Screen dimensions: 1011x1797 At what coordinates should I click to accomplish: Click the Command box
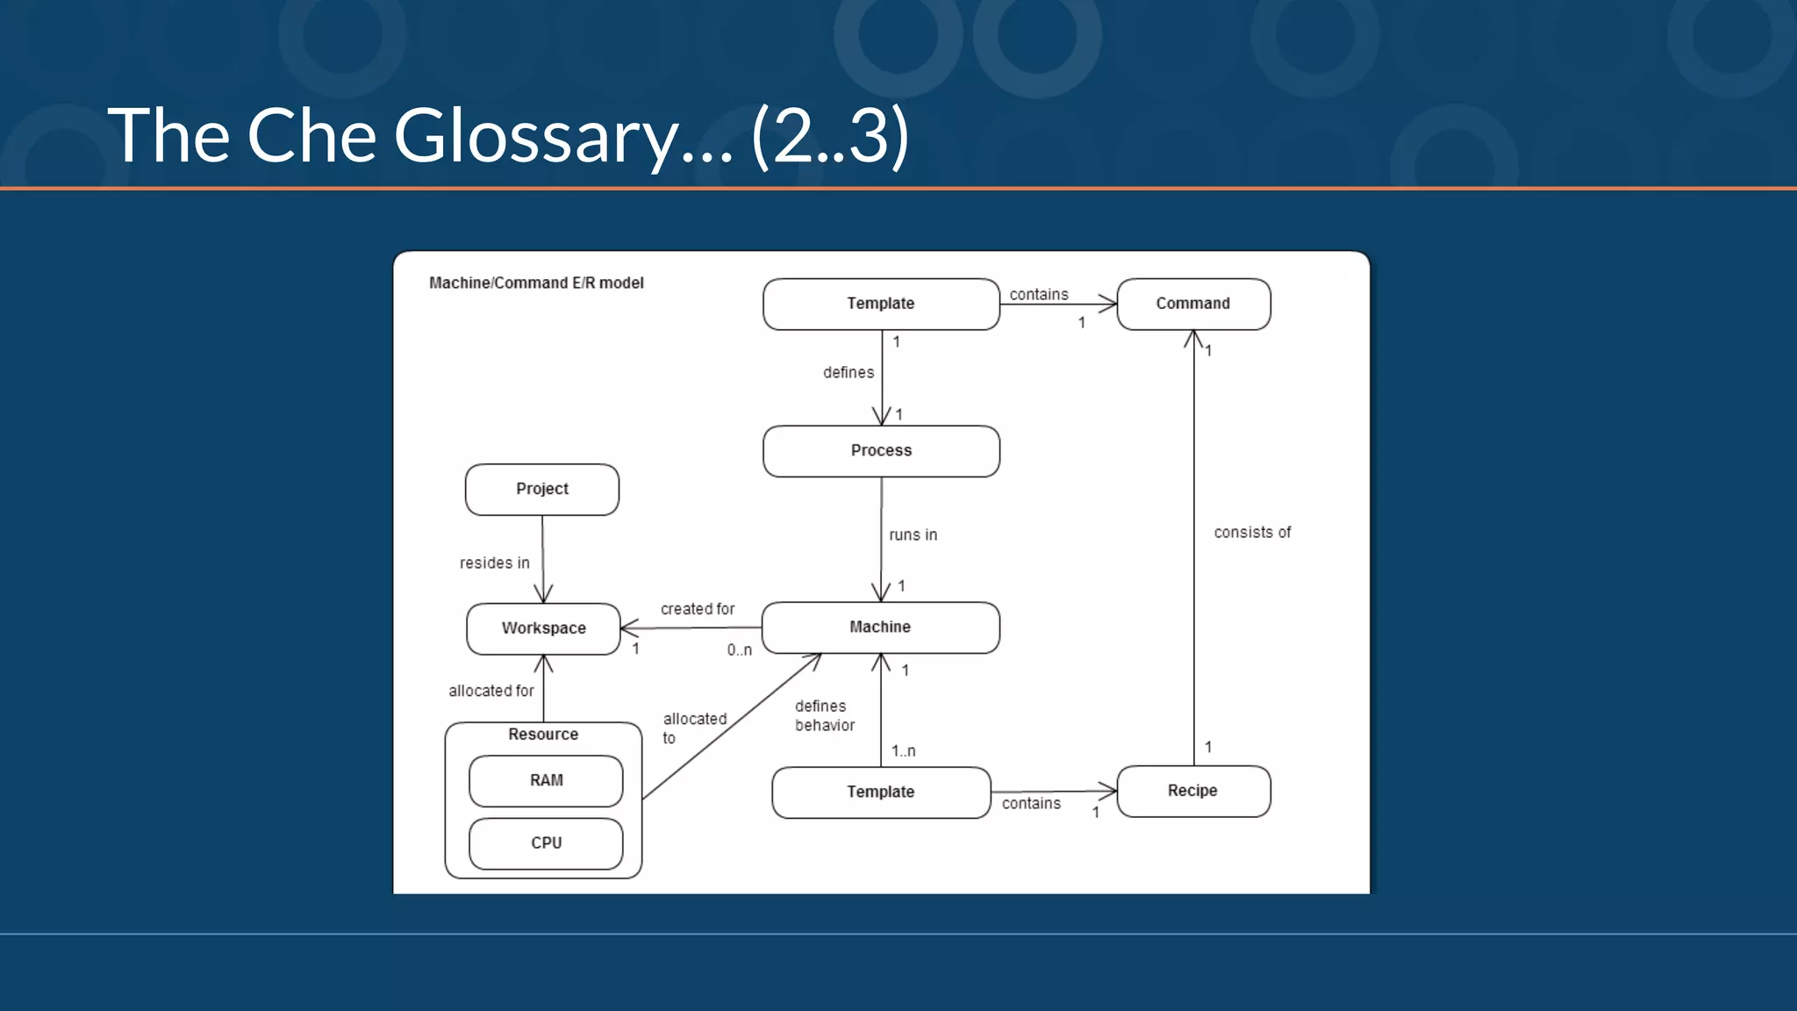coord(1193,304)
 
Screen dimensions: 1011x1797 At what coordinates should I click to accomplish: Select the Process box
coord(881,451)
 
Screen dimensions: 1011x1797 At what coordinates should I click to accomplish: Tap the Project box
coord(542,489)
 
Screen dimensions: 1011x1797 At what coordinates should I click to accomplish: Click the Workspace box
coord(543,628)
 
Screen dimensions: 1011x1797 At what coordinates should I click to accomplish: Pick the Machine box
coord(880,627)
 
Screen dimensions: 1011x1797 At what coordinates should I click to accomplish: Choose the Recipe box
coord(1193,791)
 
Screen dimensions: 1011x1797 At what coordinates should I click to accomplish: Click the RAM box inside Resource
coord(546,780)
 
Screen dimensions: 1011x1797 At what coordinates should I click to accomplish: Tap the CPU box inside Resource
coord(546,843)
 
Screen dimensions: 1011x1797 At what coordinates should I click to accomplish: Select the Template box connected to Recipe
coord(881,792)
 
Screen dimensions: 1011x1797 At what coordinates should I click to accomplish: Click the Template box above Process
coord(881,304)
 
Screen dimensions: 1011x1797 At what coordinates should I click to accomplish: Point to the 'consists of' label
coord(1252,533)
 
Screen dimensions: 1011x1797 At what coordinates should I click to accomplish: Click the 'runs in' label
coord(913,535)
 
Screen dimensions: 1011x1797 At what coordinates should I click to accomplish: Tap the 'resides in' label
coord(494,563)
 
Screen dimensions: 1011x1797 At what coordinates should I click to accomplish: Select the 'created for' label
coord(698,609)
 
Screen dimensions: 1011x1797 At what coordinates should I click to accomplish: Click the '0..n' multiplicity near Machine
coord(739,650)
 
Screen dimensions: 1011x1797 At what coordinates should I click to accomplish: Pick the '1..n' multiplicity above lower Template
coord(903,751)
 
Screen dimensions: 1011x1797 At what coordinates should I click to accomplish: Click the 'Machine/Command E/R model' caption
coord(536,283)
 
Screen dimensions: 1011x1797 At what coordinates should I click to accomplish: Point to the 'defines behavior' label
coord(824,716)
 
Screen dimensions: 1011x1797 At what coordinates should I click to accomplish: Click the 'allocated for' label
coord(490,692)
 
